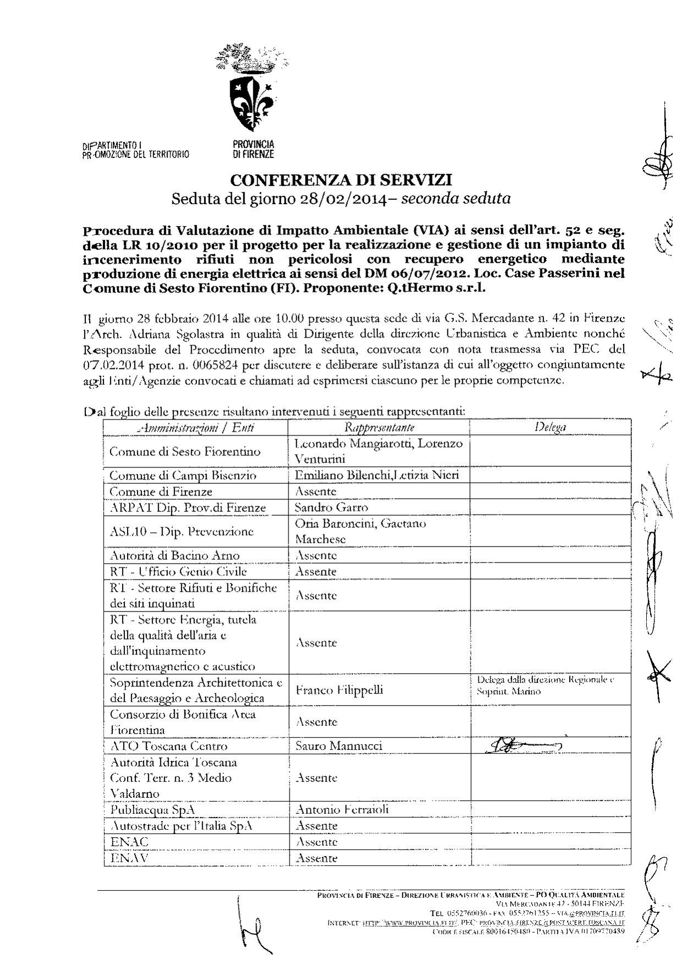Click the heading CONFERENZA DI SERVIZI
(341, 179)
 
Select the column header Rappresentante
(379, 427)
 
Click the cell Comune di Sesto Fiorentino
(185, 451)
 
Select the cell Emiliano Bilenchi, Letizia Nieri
(377, 475)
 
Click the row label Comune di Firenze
(161, 491)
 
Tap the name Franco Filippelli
(340, 690)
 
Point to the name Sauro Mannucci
(339, 746)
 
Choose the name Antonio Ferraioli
(342, 809)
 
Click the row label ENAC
(129, 842)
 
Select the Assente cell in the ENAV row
(317, 858)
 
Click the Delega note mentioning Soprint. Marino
(545, 685)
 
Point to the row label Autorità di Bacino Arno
(175, 555)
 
